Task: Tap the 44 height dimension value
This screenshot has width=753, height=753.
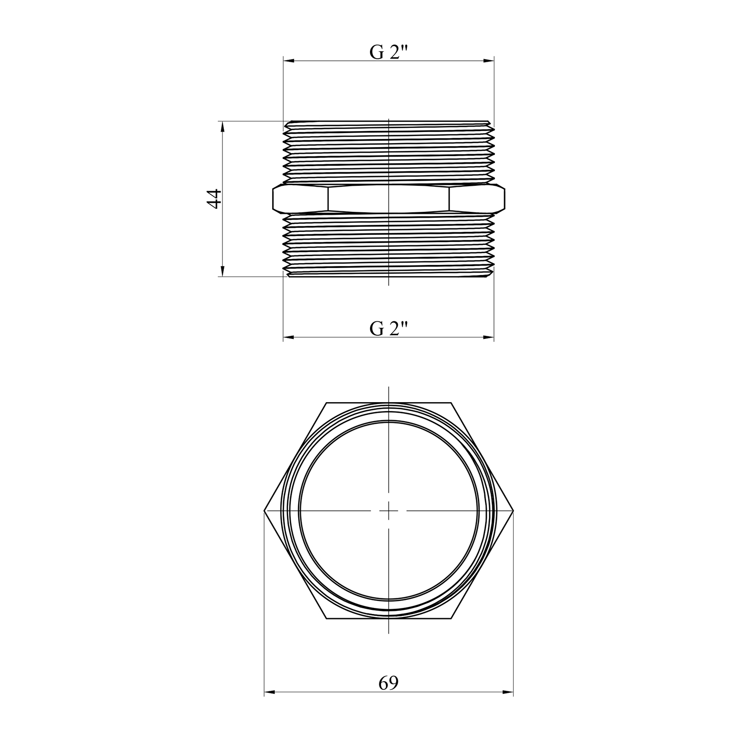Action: coord(214,198)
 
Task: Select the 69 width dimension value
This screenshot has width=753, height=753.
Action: coord(389,683)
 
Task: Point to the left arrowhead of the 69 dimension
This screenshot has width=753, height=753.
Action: coord(270,693)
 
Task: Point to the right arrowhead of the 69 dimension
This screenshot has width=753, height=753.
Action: coord(508,693)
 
